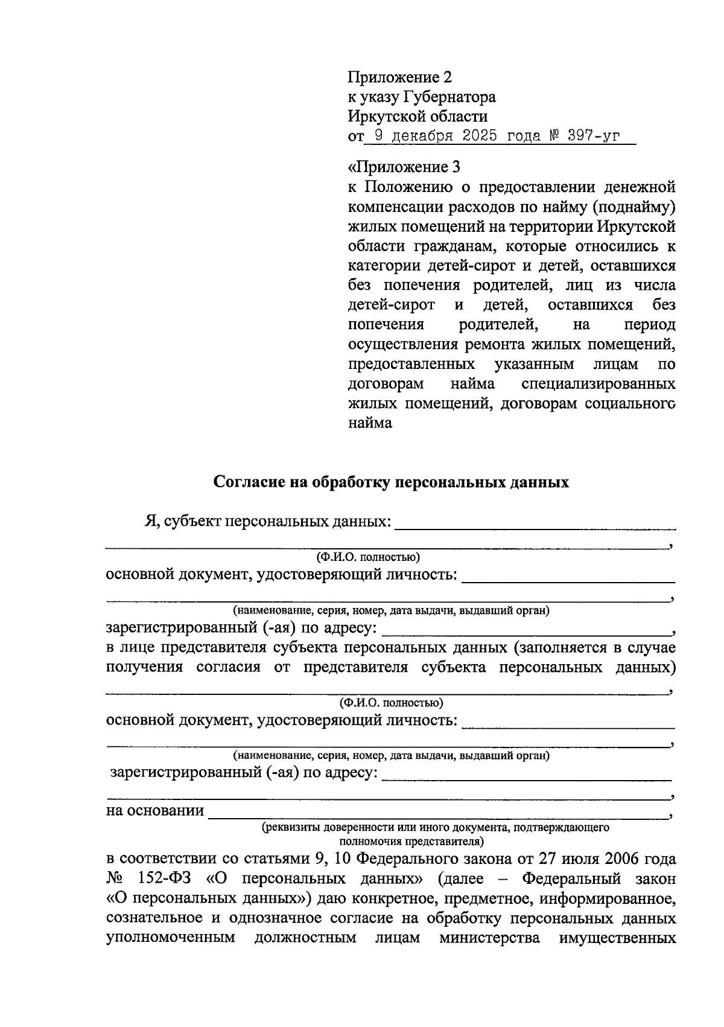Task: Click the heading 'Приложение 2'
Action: click(x=399, y=77)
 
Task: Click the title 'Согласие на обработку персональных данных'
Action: click(x=391, y=482)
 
